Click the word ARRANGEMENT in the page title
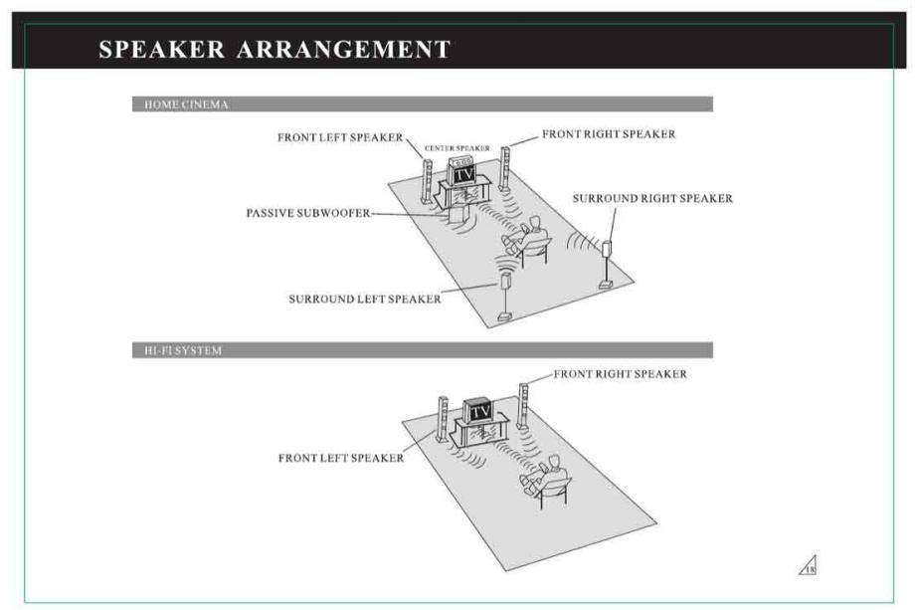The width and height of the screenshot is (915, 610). click(x=344, y=49)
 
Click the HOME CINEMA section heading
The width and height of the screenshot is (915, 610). click(x=186, y=104)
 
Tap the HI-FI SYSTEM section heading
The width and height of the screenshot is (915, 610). click(x=183, y=351)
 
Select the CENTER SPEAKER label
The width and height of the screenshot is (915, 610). click(x=457, y=148)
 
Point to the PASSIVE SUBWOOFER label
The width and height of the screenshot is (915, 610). click(x=308, y=213)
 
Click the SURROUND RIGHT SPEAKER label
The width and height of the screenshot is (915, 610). click(x=652, y=198)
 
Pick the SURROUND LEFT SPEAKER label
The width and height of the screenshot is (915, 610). click(x=365, y=299)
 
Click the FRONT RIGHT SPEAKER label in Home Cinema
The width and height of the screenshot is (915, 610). click(x=609, y=133)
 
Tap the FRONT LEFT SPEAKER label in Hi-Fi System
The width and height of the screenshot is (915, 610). click(x=341, y=458)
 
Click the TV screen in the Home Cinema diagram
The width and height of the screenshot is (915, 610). click(x=464, y=174)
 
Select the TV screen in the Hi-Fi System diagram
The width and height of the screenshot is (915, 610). click(x=480, y=412)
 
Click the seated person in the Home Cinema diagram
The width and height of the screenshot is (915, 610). click(x=526, y=237)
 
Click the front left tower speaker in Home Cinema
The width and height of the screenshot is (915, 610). click(x=427, y=181)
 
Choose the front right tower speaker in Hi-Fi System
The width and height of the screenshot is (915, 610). click(x=523, y=406)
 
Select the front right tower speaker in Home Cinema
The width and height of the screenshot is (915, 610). click(x=504, y=169)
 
